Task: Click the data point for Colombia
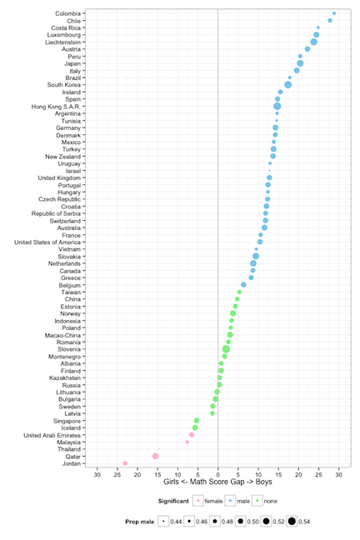coord(334,13)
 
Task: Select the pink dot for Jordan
coord(125,463)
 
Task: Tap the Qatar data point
coord(155,457)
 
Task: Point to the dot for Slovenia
coord(226,349)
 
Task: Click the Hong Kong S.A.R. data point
coord(277,107)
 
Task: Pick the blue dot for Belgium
coord(243,285)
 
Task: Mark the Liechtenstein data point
coord(313,42)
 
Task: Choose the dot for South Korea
coord(288,85)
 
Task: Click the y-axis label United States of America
coord(47,242)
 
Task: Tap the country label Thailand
coord(69,449)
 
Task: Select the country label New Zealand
coord(62,157)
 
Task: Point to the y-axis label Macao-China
coord(62,336)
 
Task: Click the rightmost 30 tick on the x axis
coord(339,475)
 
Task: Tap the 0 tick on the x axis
coord(218,475)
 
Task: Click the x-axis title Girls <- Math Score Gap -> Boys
coord(217,482)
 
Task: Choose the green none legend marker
coord(257,501)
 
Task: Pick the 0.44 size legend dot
coord(163,522)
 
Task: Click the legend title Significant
coord(173,501)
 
